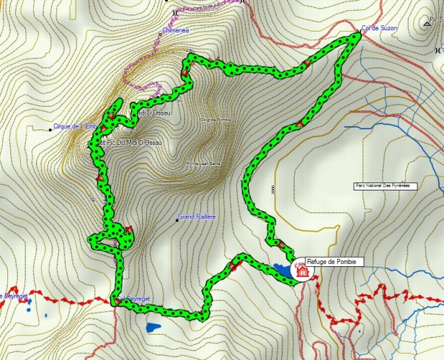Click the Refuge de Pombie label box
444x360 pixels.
click(x=330, y=261)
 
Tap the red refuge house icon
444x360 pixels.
click(x=302, y=272)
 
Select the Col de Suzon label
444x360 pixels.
click(x=380, y=28)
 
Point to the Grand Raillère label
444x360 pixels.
click(x=199, y=216)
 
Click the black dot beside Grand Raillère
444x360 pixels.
click(x=177, y=217)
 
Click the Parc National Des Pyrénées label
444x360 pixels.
click(x=382, y=185)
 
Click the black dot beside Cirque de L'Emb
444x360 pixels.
click(x=50, y=129)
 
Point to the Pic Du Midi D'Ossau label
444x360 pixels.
click(x=134, y=142)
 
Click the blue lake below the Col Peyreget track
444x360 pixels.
click(x=154, y=328)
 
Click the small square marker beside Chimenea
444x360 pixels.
click(x=160, y=34)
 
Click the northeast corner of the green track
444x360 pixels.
click(x=357, y=35)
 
